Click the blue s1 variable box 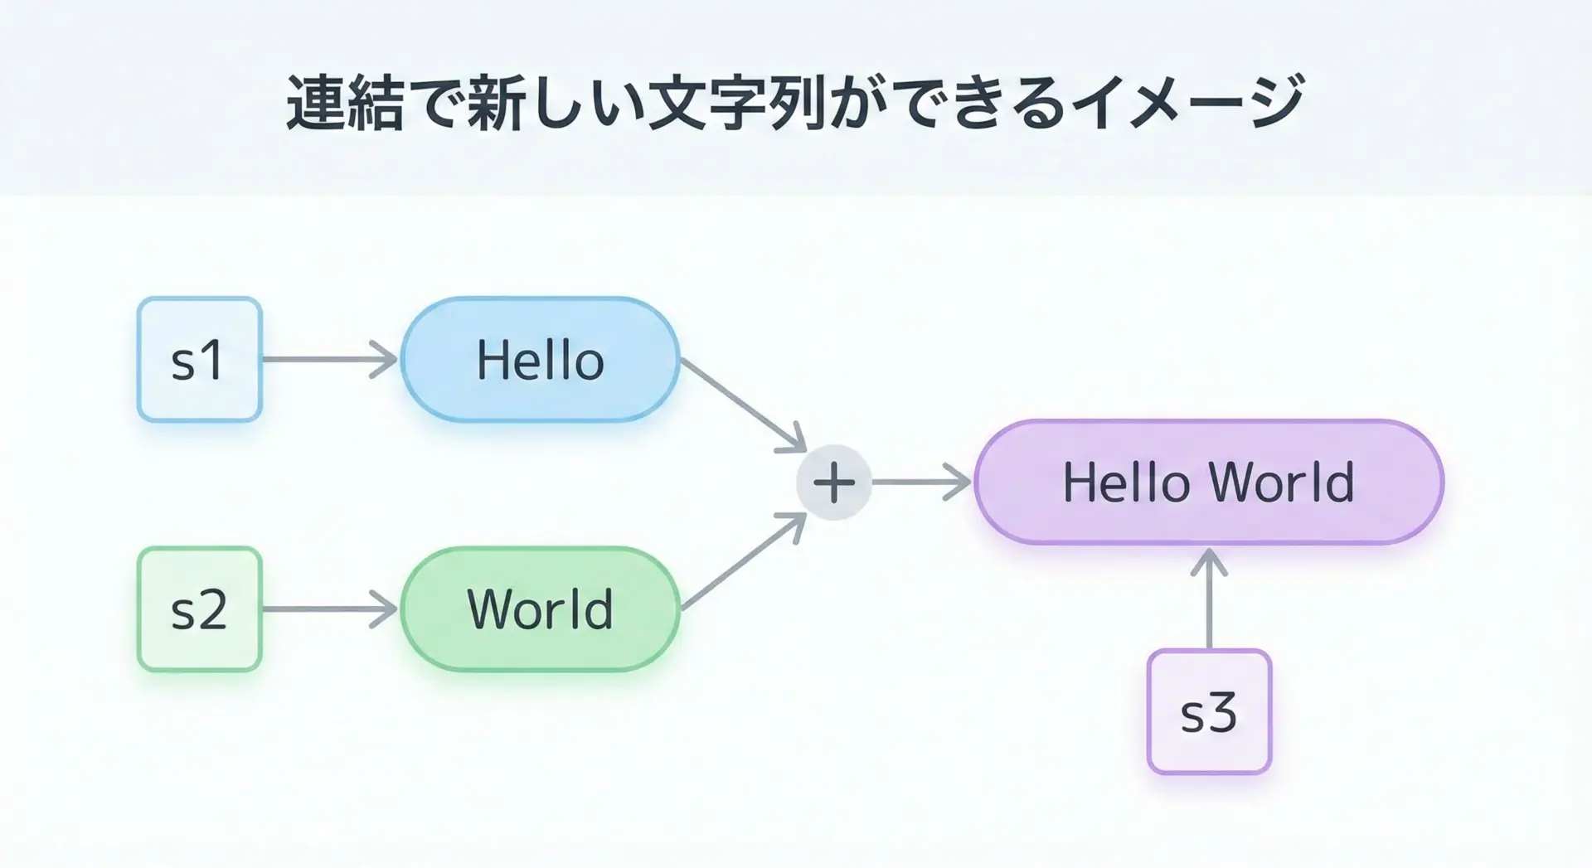[200, 360]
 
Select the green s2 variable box [200, 609]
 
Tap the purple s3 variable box [1209, 712]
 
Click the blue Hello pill [541, 360]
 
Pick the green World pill [541, 609]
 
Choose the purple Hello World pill [1209, 482]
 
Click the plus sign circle [834, 482]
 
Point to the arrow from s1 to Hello [330, 360]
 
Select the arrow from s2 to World [330, 609]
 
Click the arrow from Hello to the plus [744, 405]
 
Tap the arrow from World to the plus [744, 561]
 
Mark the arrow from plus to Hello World [922, 482]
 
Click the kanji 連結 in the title [345, 104]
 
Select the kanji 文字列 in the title [738, 104]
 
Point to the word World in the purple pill [1282, 482]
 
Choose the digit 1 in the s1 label [212, 361]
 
